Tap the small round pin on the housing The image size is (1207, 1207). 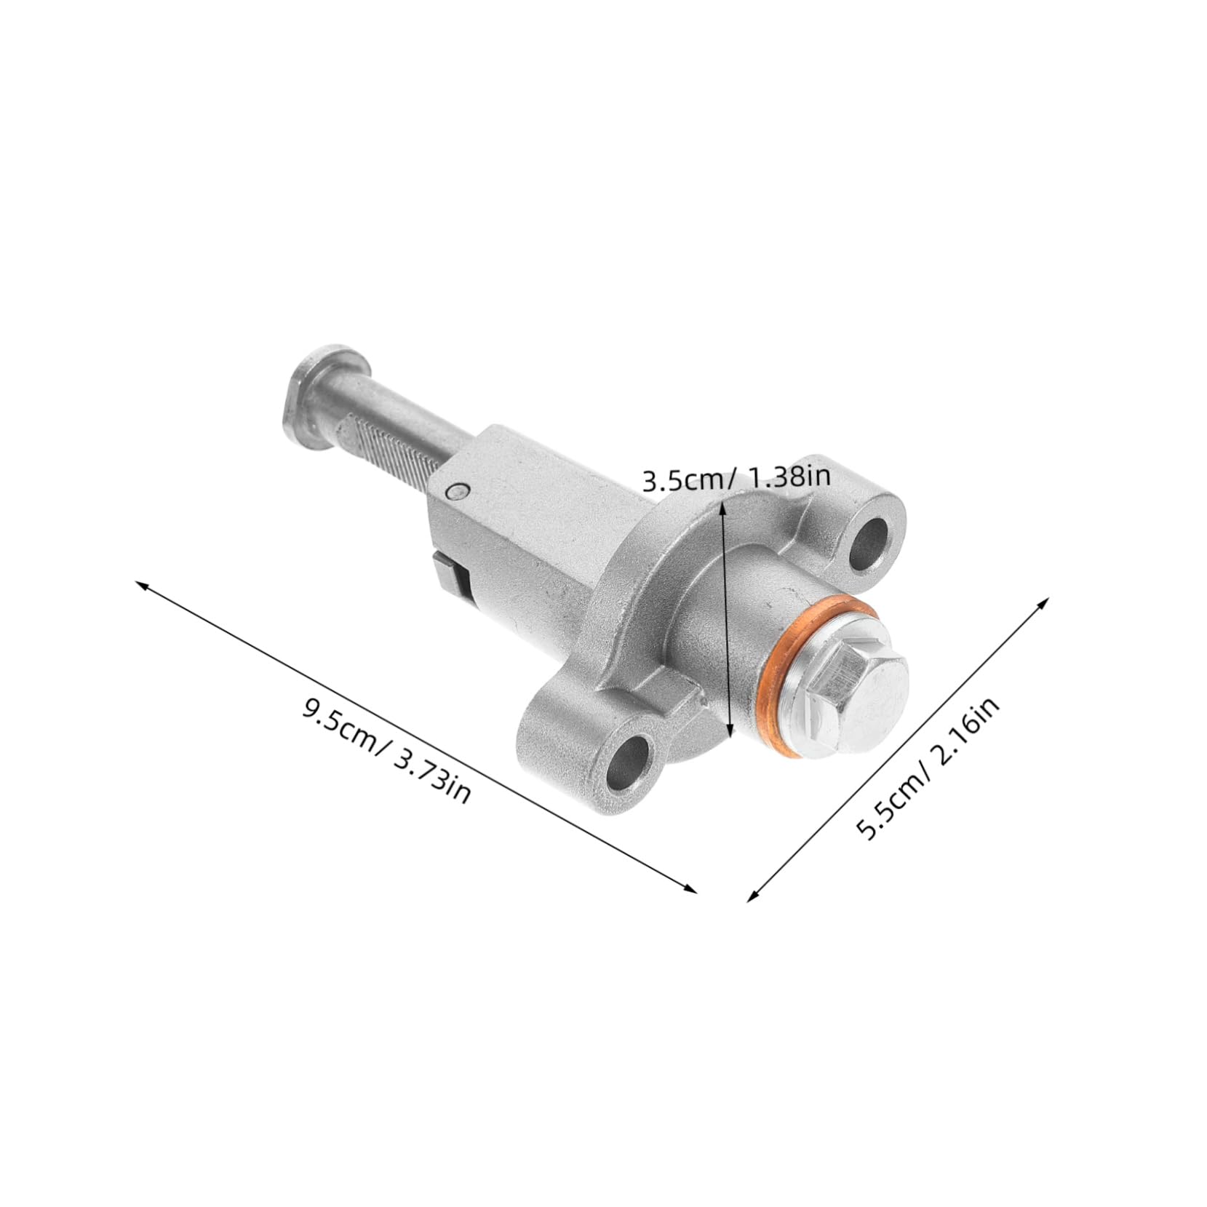[x=456, y=493]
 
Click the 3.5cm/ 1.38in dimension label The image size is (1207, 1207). [x=736, y=479]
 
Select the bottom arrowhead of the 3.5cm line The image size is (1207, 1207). [x=730, y=735]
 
